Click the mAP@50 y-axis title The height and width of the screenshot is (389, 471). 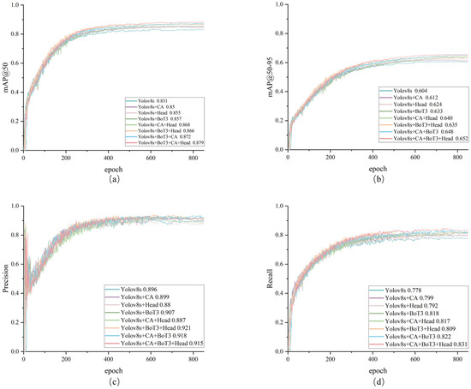(x=8, y=78)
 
